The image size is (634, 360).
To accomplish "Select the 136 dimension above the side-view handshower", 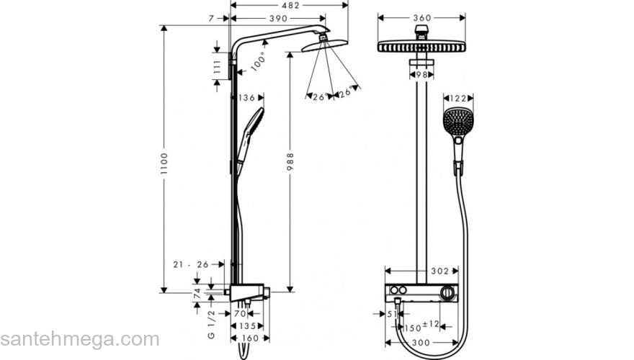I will point(247,98).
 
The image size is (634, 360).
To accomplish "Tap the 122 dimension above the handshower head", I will point(458,98).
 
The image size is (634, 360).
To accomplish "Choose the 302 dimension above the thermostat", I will point(439,271).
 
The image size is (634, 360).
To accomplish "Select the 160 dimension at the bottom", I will point(250,337).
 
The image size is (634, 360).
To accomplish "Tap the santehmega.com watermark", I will point(79,339).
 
